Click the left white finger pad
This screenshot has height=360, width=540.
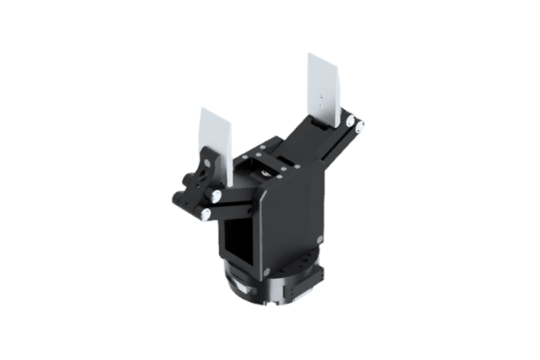click(215, 146)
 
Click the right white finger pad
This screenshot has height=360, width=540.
click(323, 89)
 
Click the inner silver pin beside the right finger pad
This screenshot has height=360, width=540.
click(350, 117)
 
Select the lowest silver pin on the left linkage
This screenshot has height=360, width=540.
click(205, 213)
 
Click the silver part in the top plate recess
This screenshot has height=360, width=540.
click(265, 173)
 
